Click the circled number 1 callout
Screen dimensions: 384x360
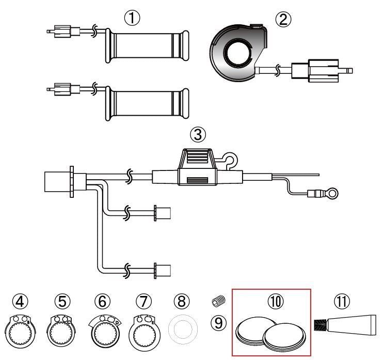click(132, 18)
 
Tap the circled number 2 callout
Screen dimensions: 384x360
click(283, 20)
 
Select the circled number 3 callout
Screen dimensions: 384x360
click(198, 134)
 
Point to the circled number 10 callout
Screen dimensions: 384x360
click(276, 301)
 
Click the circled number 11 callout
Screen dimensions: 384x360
click(342, 301)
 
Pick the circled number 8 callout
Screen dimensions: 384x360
click(182, 301)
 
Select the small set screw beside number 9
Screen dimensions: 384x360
click(218, 301)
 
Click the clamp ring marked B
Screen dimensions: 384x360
click(20, 331)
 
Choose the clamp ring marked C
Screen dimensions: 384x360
click(61, 331)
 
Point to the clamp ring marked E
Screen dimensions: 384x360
click(145, 333)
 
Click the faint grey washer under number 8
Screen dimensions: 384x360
click(183, 329)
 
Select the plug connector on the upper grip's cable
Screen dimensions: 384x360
click(63, 31)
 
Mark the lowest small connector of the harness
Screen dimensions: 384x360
click(163, 271)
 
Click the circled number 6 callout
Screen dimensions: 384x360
click(102, 301)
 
